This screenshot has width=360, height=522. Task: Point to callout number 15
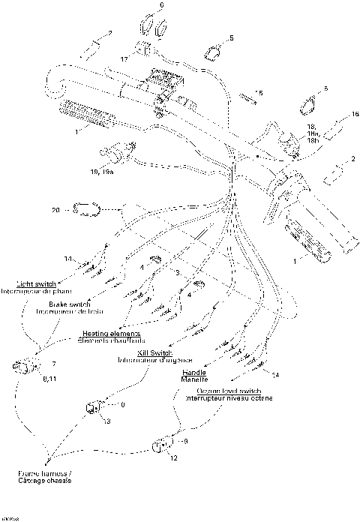[259, 92]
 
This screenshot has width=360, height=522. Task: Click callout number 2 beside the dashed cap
[352, 159]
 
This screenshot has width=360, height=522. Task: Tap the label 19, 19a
[101, 172]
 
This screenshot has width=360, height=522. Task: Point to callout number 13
[107, 422]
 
